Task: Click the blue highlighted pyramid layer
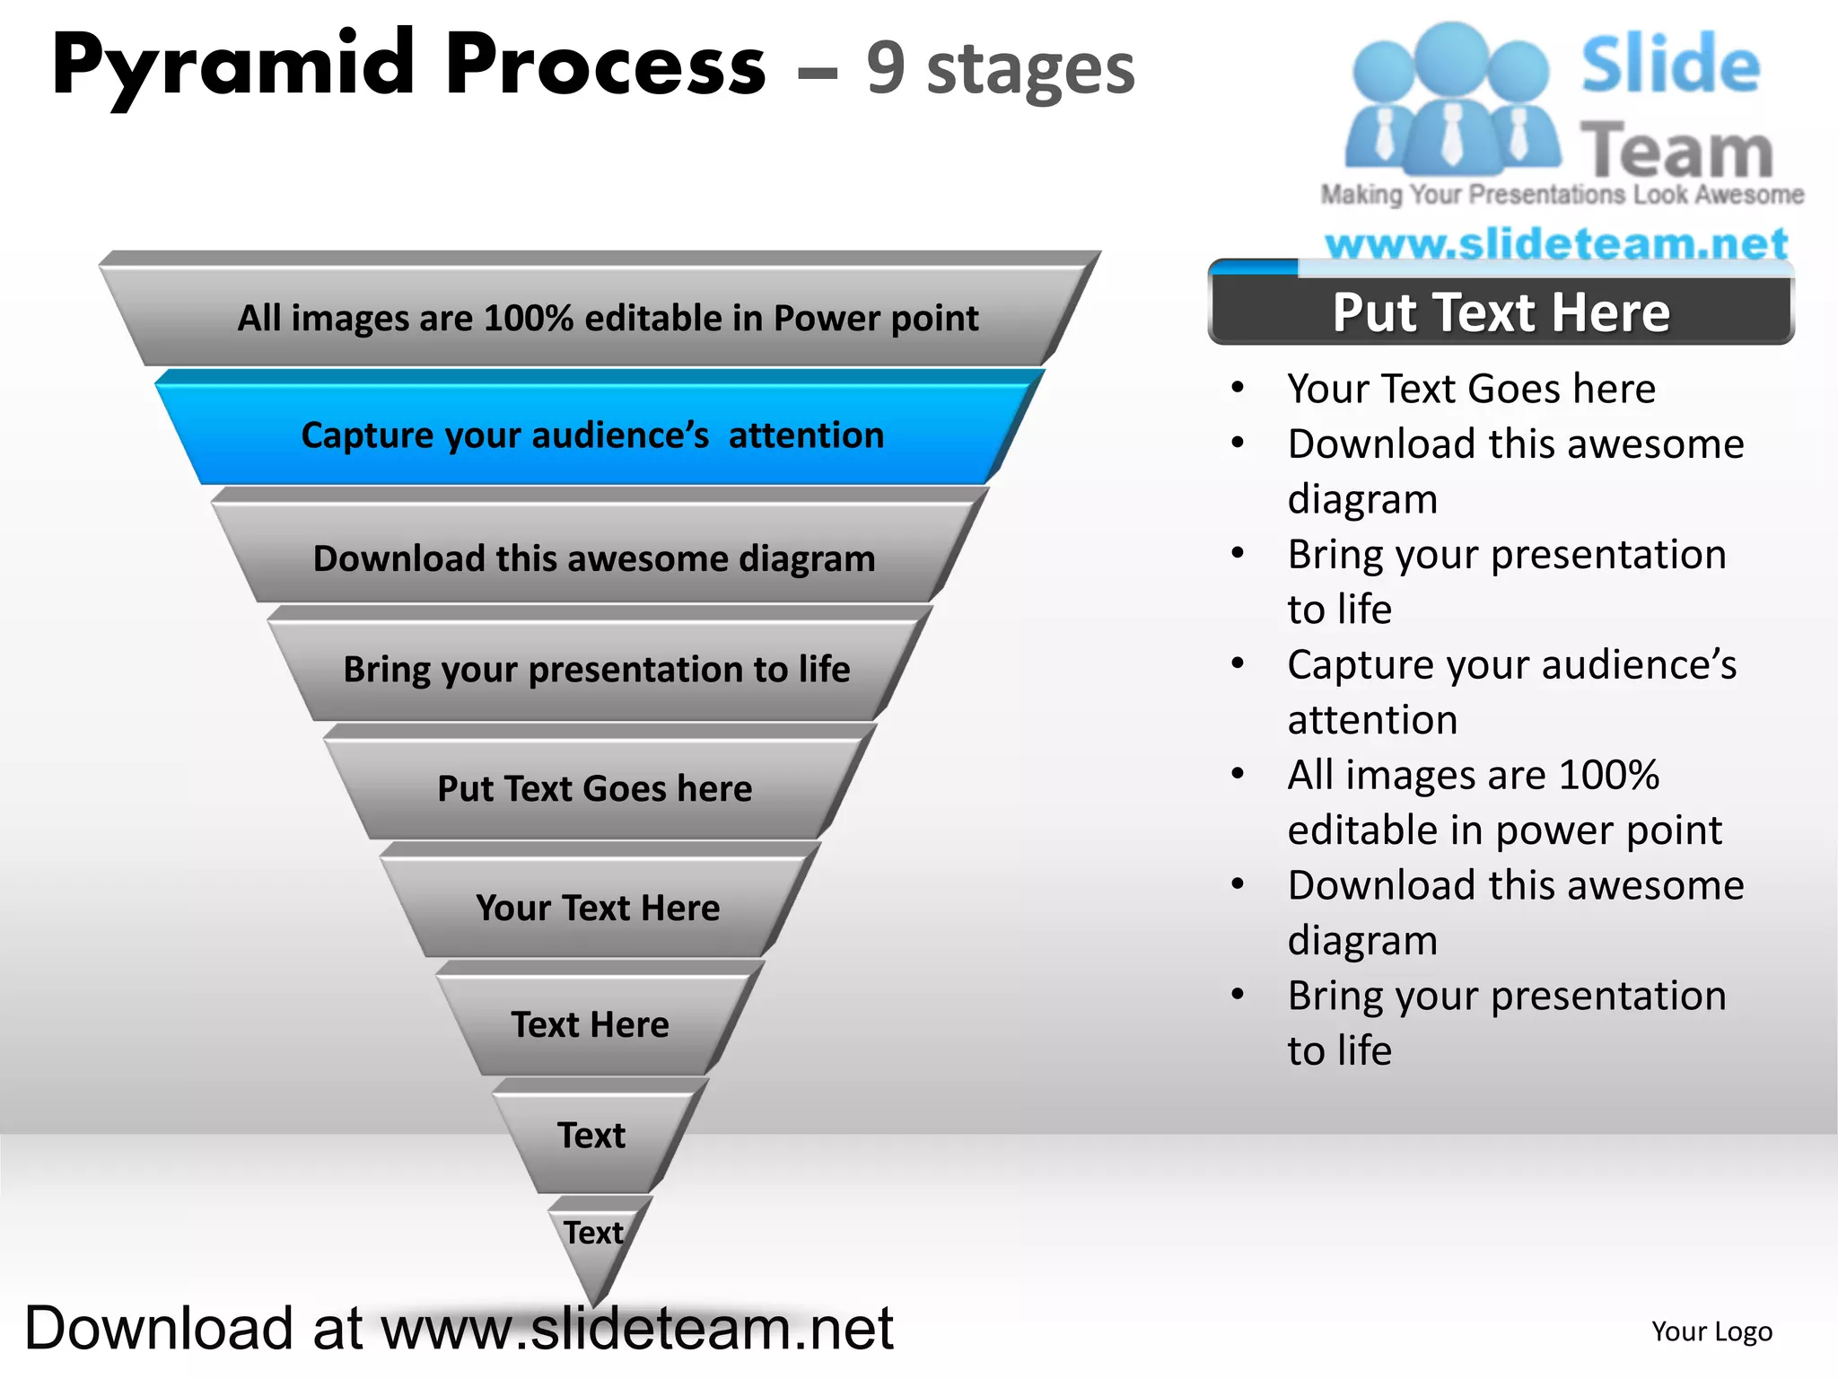coord(592,435)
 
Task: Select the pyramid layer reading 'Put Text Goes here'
coord(594,788)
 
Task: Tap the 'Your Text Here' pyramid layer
coord(597,908)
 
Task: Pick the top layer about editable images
coord(608,318)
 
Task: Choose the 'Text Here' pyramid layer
coord(590,1024)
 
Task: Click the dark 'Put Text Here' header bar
coord(1501,312)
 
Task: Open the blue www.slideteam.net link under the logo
coord(1556,243)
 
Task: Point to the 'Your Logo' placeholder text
coord(1711,1331)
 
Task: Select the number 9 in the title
coord(885,68)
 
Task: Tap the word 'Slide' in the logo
coord(1669,65)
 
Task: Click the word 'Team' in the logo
coord(1676,151)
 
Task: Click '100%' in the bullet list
coord(1608,775)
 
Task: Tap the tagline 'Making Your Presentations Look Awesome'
coord(1562,195)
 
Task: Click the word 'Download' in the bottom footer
coord(160,1329)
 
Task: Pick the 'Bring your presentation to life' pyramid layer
coord(597,669)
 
